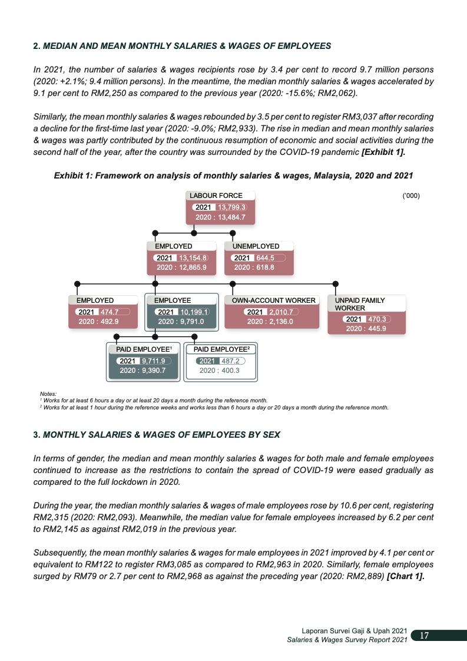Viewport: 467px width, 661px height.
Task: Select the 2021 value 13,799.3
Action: tap(231, 207)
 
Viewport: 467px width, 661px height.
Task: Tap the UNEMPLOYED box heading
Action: tap(256, 246)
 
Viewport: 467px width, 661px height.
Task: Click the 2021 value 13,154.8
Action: tap(193, 257)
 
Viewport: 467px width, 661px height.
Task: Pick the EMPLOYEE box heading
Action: tap(173, 300)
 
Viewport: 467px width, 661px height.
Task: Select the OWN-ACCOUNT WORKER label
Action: tap(274, 300)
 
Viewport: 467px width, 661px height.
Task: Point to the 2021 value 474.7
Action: tap(110, 312)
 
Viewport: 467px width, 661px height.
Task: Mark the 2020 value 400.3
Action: tap(227, 371)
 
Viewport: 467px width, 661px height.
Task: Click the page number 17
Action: tap(423, 636)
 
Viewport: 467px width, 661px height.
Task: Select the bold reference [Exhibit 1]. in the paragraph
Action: tap(383, 151)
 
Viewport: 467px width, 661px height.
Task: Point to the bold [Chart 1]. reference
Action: tap(405, 576)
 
